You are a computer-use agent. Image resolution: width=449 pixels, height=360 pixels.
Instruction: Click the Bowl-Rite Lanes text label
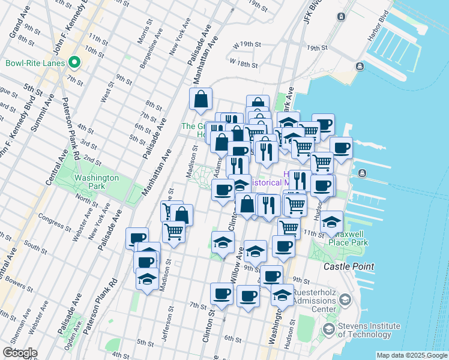34,62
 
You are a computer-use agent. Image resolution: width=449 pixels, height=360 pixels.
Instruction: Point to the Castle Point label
349,266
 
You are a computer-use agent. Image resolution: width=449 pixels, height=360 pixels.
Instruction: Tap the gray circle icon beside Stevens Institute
328,329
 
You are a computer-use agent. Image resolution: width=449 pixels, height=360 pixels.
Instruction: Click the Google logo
20,353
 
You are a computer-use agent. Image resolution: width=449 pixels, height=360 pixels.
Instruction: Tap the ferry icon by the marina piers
362,173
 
